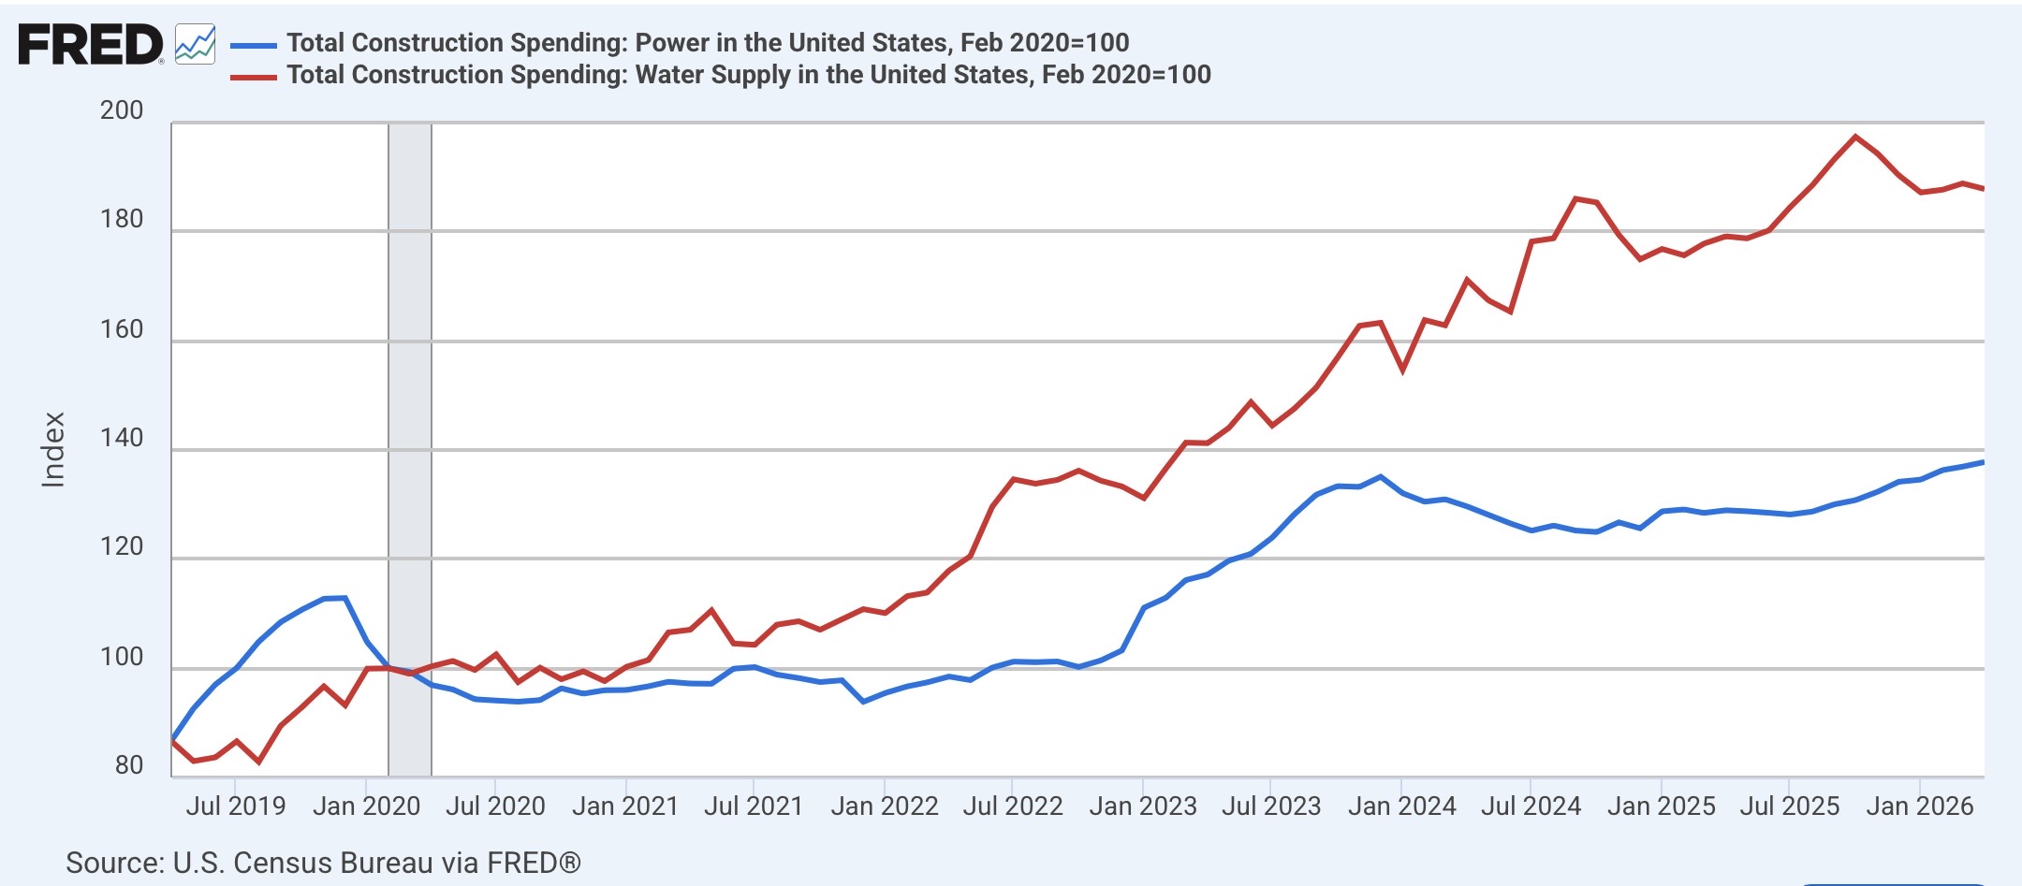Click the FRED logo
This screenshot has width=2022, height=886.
pos(91,45)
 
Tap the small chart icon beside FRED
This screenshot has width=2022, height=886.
pos(196,44)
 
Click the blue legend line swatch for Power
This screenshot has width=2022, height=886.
pos(254,44)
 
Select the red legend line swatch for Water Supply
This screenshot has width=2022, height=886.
pos(254,77)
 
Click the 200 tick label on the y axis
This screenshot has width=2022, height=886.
pos(122,110)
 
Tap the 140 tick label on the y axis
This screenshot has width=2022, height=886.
pos(122,438)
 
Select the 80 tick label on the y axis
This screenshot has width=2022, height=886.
pos(129,765)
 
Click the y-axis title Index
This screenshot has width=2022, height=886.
pos(53,450)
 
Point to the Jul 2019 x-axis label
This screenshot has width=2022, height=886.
pos(236,806)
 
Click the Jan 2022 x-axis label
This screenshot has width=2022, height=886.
pos(885,806)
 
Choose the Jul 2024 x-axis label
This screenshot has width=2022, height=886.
pos(1531,806)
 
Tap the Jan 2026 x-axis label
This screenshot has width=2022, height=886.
pos(1920,806)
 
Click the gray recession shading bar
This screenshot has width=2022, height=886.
pos(410,450)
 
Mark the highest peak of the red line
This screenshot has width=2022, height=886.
pos(1855,137)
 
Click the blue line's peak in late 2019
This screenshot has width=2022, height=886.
pos(344,598)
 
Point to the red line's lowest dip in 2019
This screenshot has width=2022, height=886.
pos(257,763)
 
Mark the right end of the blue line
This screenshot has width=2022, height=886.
pos(1983,462)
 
